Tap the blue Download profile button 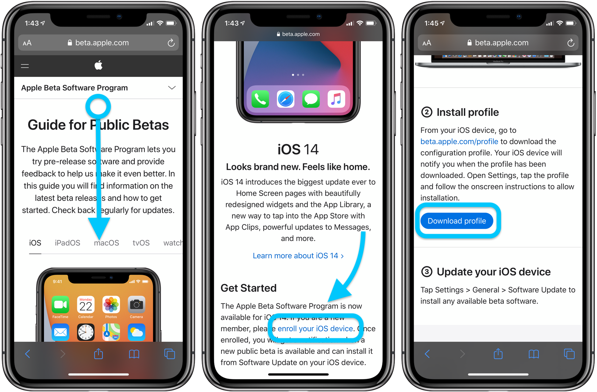(x=457, y=221)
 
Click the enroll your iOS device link (x=315, y=328)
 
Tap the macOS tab (x=106, y=243)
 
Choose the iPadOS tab (x=67, y=243)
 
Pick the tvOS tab (x=141, y=243)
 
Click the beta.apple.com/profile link (x=459, y=142)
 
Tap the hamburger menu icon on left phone (x=25, y=66)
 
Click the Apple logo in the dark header (x=98, y=65)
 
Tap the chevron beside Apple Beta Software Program (x=172, y=88)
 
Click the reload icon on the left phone (x=171, y=43)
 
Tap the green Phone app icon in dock (x=260, y=99)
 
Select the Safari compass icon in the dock (x=285, y=99)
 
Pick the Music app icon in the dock (x=336, y=99)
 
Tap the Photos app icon (x=111, y=305)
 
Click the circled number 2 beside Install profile (x=427, y=112)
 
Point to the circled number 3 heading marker (x=427, y=272)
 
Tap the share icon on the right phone (x=498, y=354)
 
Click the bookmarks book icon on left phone (x=134, y=354)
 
